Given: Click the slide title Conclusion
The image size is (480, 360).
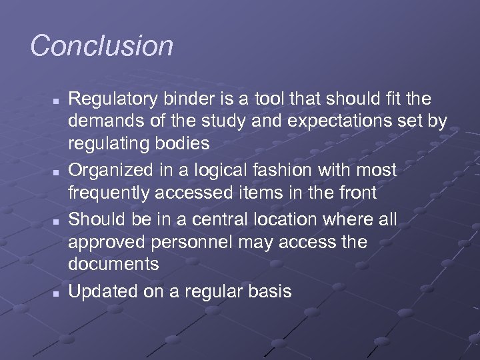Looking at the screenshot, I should (101, 46).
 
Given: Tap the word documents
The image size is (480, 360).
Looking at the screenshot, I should (113, 263).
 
